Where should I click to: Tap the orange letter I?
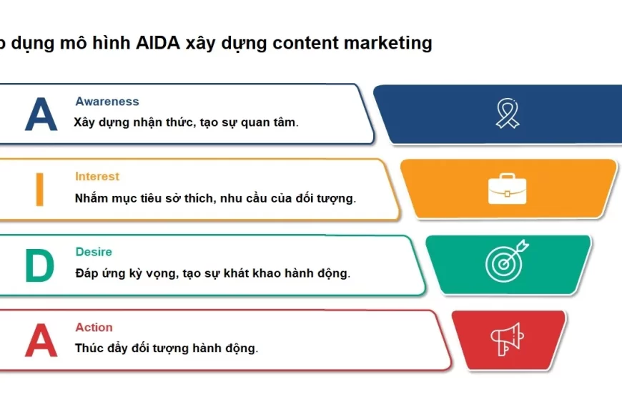click(39, 189)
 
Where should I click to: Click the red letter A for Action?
click(41, 341)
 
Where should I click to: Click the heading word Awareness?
click(107, 102)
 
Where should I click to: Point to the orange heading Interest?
click(97, 177)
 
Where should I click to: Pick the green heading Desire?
click(94, 252)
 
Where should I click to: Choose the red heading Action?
click(94, 328)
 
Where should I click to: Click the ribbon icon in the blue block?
click(508, 114)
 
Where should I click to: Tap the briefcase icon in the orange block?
click(508, 189)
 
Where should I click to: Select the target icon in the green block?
click(506, 262)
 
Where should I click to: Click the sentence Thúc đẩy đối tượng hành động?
click(166, 348)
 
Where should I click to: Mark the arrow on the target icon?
click(520, 248)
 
